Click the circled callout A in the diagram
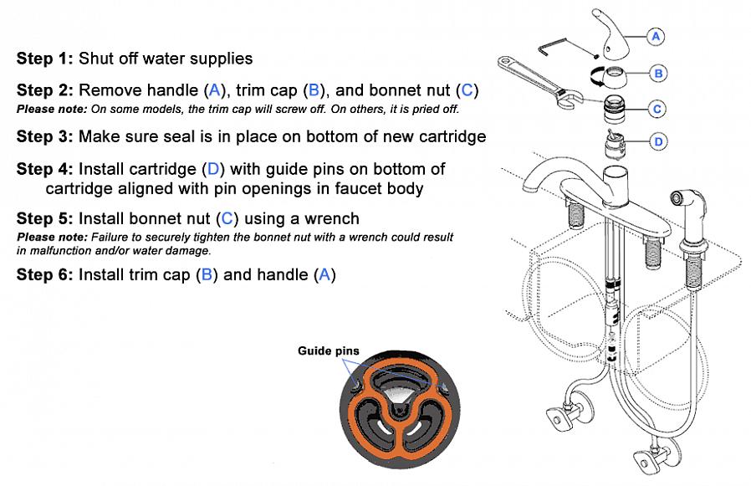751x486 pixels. [x=656, y=36]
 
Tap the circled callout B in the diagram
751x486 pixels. [x=658, y=74]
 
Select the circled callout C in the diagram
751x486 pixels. [x=658, y=109]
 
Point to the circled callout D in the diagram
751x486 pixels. [x=658, y=141]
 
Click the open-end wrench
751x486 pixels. [x=531, y=79]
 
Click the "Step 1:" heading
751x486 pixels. [x=44, y=59]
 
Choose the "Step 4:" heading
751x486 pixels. [x=44, y=169]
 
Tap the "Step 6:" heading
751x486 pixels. [x=44, y=274]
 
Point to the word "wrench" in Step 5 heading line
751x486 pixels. [x=331, y=219]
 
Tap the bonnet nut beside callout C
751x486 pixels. [x=616, y=108]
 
